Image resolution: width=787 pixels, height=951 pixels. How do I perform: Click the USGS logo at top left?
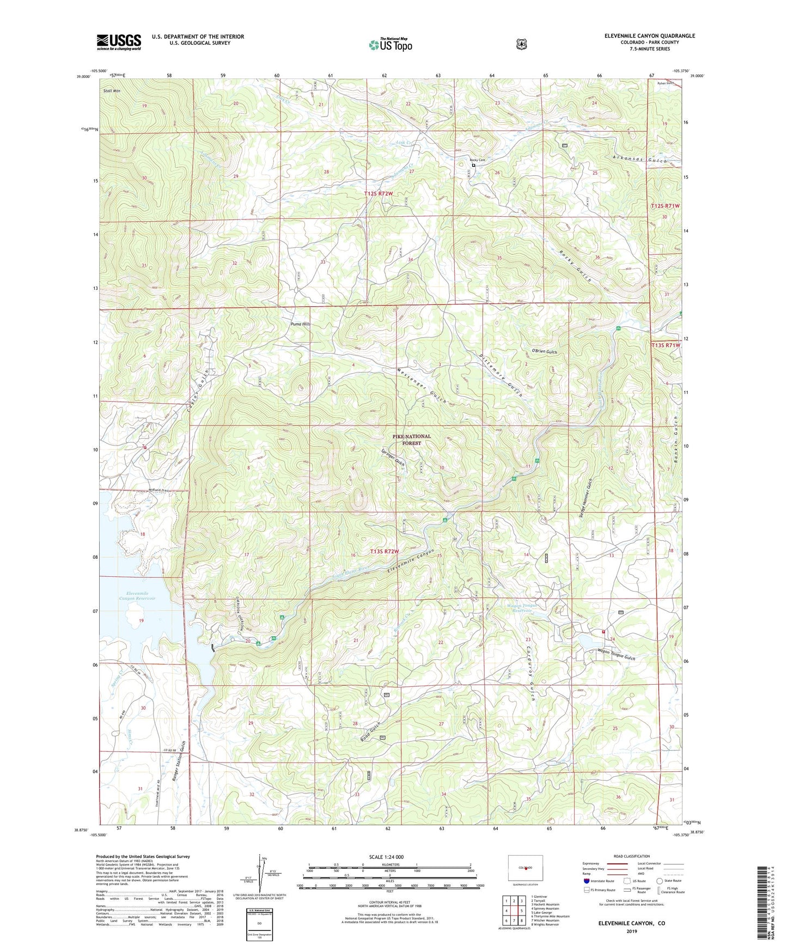[x=119, y=42]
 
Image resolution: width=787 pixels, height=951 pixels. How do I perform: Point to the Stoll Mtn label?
[x=112, y=91]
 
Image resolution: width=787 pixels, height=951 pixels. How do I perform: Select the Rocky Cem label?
[x=478, y=160]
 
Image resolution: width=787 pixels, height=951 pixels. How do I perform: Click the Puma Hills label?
[x=300, y=324]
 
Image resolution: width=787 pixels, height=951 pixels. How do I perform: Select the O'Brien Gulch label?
[x=540, y=352]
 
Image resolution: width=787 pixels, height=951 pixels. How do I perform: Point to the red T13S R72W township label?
[x=385, y=552]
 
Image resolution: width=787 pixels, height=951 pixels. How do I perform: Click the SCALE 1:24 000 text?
[x=386, y=857]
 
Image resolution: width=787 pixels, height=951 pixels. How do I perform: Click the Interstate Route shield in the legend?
[x=586, y=881]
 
